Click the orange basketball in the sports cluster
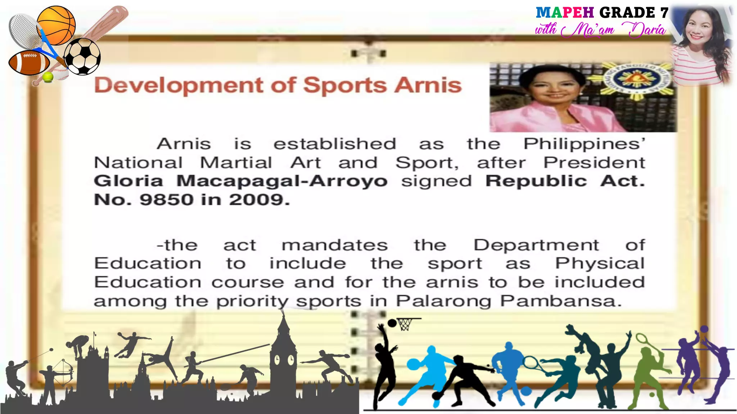(56, 25)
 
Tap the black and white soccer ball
(82, 56)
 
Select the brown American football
(29, 63)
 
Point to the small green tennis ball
(48, 77)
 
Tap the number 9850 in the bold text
(167, 199)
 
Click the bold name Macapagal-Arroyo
(282, 181)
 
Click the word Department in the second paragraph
(536, 245)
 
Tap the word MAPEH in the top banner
(565, 13)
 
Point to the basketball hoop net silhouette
(404, 325)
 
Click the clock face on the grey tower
(277, 359)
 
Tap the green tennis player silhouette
(648, 374)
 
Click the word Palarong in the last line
(444, 301)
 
